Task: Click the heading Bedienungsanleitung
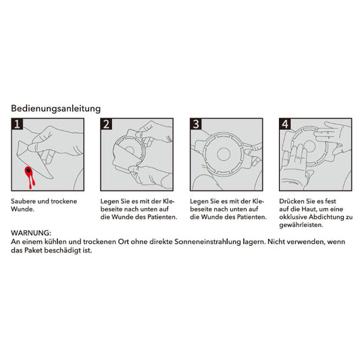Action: [56, 109]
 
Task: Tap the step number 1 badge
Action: [17, 124]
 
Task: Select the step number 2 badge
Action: [107, 124]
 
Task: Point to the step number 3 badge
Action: [196, 124]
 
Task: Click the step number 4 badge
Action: [286, 124]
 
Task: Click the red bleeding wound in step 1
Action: [30, 176]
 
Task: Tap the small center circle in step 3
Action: [224, 154]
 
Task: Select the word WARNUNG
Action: [31, 233]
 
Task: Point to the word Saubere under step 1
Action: [23, 201]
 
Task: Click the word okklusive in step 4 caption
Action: [293, 217]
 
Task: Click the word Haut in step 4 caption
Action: [307, 209]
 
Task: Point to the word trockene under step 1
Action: [63, 201]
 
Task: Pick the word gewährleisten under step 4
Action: [301, 225]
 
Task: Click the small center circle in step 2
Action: [130, 151]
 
